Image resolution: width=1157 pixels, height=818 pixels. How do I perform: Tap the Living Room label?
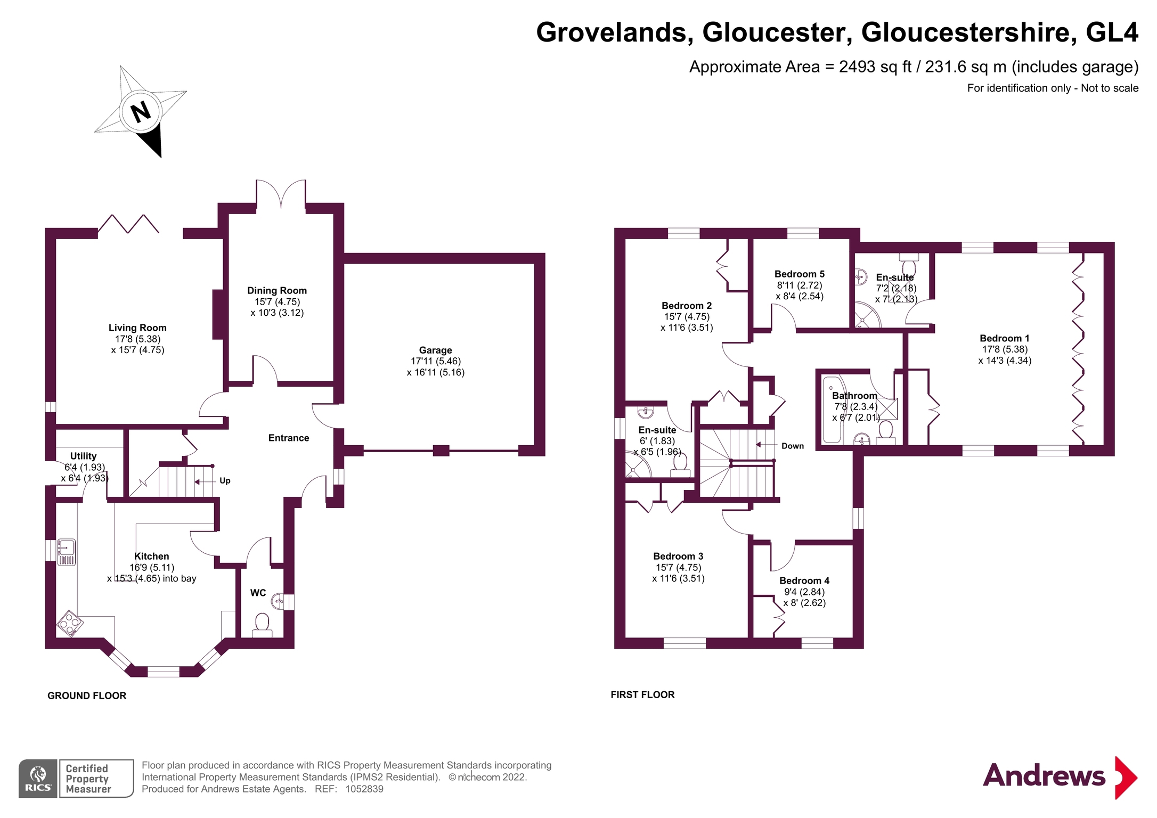(137, 328)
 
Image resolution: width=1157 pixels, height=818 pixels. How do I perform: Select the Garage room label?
(435, 350)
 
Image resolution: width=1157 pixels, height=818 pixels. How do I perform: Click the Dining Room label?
(276, 290)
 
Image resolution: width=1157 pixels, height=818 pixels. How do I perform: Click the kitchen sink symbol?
(67, 551)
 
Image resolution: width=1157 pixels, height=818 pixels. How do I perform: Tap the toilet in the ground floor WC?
(262, 623)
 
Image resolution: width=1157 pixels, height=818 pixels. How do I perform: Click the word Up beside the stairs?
(225, 480)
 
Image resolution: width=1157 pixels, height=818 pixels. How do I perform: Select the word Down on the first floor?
(792, 446)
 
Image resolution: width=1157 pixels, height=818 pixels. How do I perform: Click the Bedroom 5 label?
(799, 274)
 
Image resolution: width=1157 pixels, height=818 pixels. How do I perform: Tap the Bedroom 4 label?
(804, 580)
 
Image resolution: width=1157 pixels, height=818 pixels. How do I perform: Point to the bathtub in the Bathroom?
(832, 410)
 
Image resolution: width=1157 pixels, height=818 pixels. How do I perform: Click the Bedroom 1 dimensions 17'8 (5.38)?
(1005, 349)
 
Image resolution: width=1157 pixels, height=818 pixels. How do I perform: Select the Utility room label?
(83, 456)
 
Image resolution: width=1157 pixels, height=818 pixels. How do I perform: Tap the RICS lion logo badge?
(38, 778)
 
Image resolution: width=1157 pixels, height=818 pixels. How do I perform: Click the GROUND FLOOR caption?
(87, 696)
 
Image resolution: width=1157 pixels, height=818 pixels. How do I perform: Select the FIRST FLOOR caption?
(642, 694)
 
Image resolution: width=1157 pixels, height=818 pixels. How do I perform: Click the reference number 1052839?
(364, 789)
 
